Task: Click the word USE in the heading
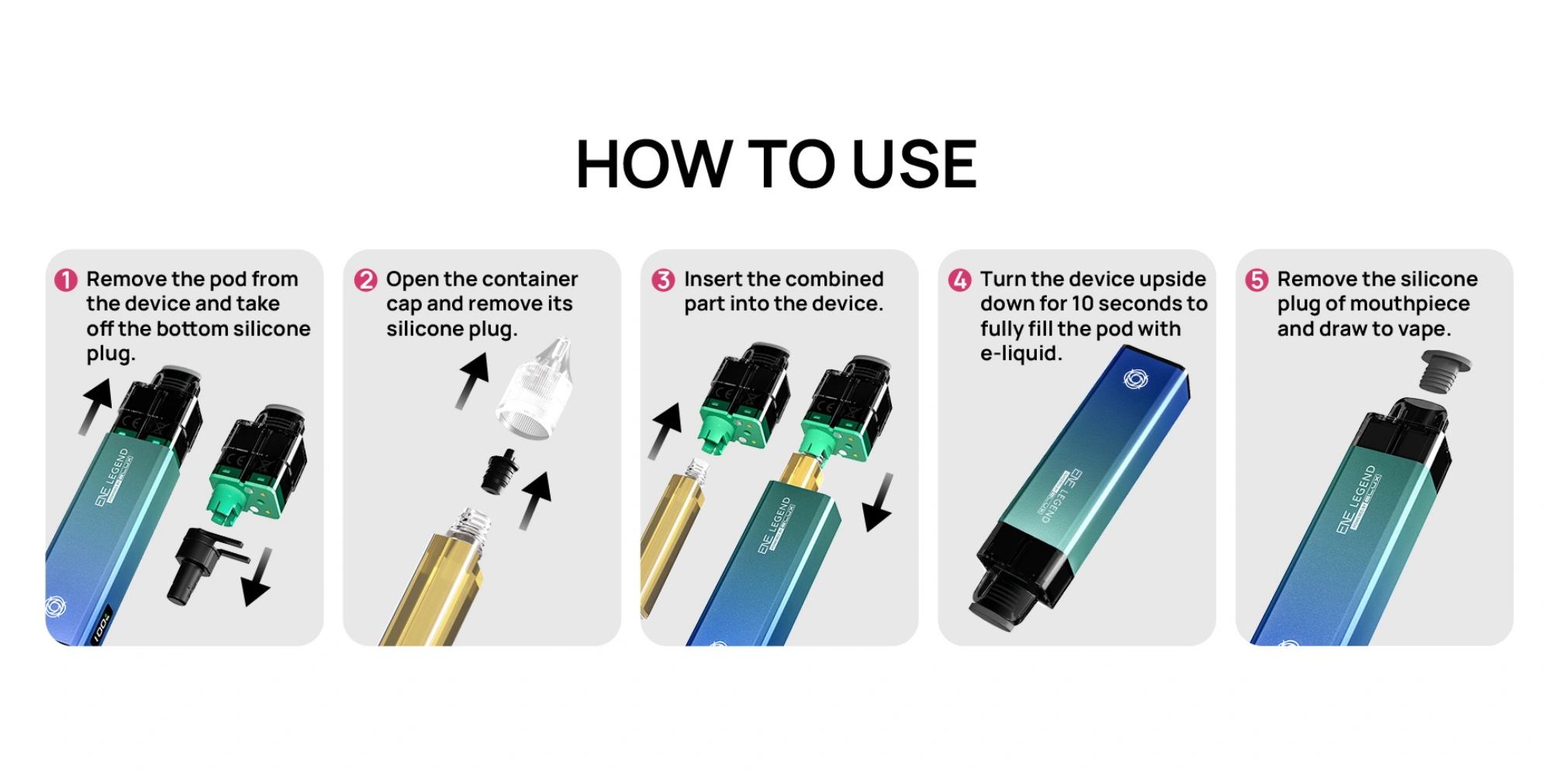(914, 164)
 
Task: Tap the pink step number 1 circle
(66, 279)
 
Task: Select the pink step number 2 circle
(365, 279)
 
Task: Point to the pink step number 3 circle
(663, 279)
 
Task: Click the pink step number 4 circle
(960, 279)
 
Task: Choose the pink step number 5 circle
(1256, 279)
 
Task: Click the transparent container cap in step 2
(535, 388)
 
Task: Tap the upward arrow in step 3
(665, 431)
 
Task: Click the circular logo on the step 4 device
(1135, 379)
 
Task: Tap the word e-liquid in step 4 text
(1021, 354)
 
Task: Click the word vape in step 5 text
(1425, 330)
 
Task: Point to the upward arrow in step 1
(96, 407)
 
